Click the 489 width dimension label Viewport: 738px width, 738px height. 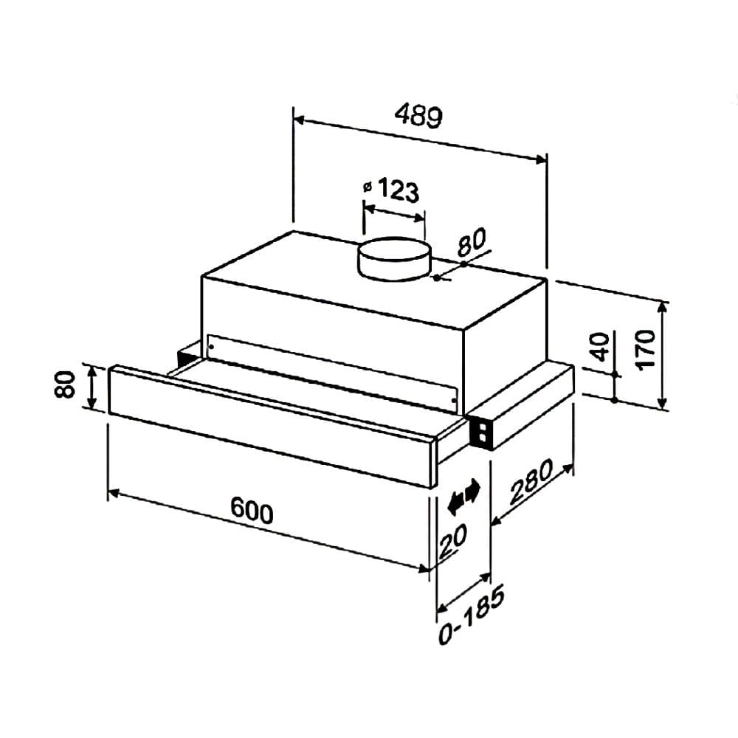[x=418, y=116]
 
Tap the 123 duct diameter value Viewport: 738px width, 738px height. [x=399, y=190]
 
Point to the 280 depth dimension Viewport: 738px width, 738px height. [x=531, y=482]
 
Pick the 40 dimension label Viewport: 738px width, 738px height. [x=599, y=347]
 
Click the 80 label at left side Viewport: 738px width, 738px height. [x=64, y=384]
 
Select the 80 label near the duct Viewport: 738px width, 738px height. [x=472, y=242]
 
